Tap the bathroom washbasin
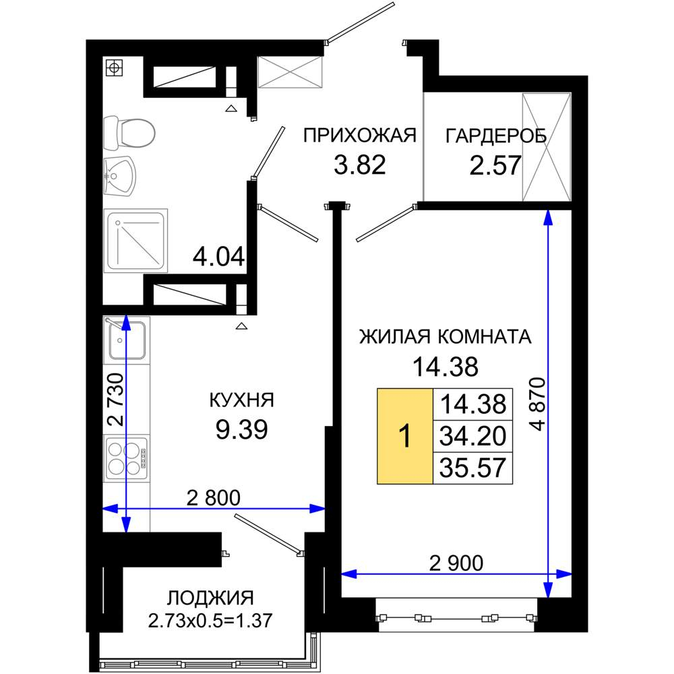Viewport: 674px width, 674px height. coord(120,176)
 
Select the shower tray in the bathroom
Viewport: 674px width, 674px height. coord(135,241)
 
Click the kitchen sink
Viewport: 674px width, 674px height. coord(127,340)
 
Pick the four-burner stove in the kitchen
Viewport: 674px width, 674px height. coord(127,458)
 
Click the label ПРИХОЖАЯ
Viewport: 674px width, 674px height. coord(360,135)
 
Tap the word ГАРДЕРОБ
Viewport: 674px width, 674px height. coord(495,136)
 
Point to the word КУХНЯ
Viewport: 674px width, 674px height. coord(241,400)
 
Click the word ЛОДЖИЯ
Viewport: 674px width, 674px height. coord(210,598)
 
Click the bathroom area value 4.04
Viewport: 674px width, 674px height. coord(219,257)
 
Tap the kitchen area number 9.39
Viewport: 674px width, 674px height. coord(241,429)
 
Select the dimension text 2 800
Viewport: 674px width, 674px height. coord(214,498)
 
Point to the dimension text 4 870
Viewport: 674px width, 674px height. coord(537,404)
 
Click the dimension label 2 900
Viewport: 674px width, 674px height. coord(456,563)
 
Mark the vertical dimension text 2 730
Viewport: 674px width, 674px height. coord(115,399)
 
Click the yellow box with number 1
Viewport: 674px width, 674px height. coord(405,436)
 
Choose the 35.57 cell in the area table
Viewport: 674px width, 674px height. coord(473,468)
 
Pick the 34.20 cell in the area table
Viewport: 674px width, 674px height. coord(473,436)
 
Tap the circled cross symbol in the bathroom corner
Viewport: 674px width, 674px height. coord(114,67)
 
